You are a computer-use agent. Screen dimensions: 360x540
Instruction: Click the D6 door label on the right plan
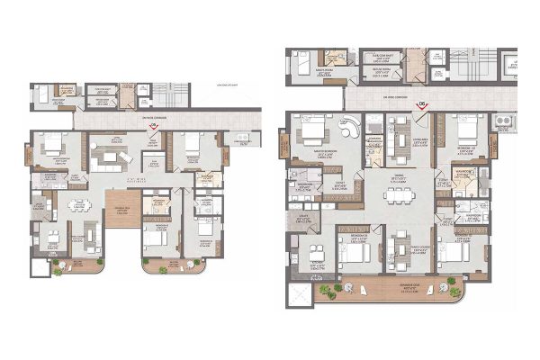click(x=421, y=104)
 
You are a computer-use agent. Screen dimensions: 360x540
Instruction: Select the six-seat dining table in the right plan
click(x=394, y=196)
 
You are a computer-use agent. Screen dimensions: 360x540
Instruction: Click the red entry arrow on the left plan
click(x=152, y=129)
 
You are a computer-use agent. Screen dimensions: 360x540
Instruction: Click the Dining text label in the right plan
click(x=393, y=176)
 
